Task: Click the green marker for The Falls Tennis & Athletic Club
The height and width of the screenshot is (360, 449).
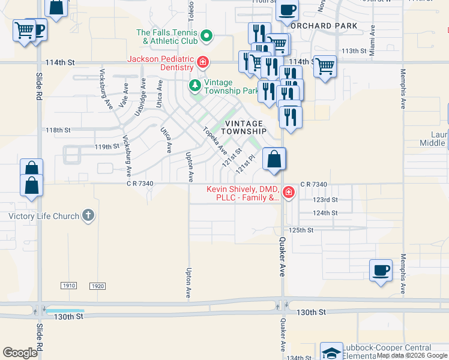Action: click(206, 37)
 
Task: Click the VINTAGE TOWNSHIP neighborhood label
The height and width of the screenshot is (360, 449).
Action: click(244, 127)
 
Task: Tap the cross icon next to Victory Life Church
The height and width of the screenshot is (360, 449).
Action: click(88, 215)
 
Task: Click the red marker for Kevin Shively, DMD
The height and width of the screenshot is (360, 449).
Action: click(288, 193)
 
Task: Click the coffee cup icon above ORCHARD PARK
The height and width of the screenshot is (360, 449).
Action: click(287, 10)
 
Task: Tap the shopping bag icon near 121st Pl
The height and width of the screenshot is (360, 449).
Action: click(274, 160)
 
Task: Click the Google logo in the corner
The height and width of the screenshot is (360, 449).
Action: click(20, 353)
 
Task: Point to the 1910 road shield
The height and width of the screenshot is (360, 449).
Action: click(68, 286)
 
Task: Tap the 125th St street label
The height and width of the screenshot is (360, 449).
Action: click(301, 230)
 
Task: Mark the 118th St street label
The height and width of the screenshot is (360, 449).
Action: click(58, 130)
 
